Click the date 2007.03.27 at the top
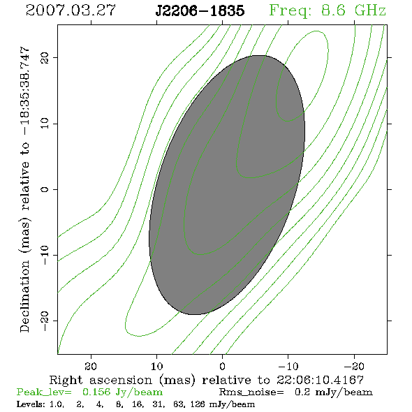click(x=71, y=10)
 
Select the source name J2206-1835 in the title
click(x=200, y=10)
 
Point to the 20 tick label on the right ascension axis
click(x=91, y=367)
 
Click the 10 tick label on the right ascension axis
click(x=156, y=367)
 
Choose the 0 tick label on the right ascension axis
click(x=222, y=367)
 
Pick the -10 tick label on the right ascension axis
click(x=288, y=367)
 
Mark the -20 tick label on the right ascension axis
click(x=354, y=367)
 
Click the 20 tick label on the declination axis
click(x=45, y=58)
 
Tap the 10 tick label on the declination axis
click(x=45, y=124)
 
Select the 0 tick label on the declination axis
click(x=45, y=189)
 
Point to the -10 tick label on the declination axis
click(x=45, y=255)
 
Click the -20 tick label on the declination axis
click(x=45, y=321)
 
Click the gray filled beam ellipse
click(x=227, y=185)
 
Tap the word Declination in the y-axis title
click(x=24, y=297)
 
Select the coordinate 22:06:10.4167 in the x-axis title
click(x=320, y=380)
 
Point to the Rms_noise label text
click(x=251, y=392)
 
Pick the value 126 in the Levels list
click(x=198, y=404)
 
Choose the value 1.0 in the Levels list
click(x=57, y=404)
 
